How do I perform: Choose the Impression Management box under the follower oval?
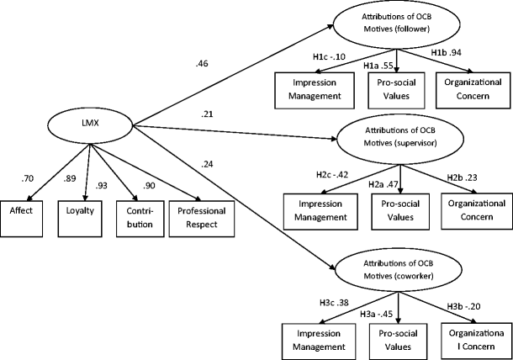309,90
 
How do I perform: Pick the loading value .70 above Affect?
26,178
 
